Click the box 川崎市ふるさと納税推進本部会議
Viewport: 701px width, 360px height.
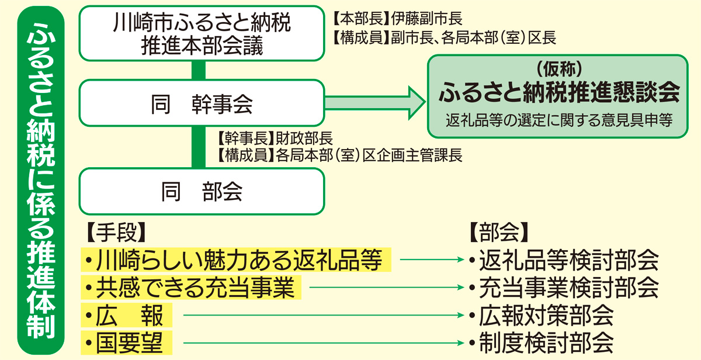tap(202, 33)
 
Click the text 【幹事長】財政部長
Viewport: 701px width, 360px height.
tap(275, 139)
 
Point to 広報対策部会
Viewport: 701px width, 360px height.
tap(546, 316)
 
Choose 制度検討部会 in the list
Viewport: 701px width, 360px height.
tap(546, 343)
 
